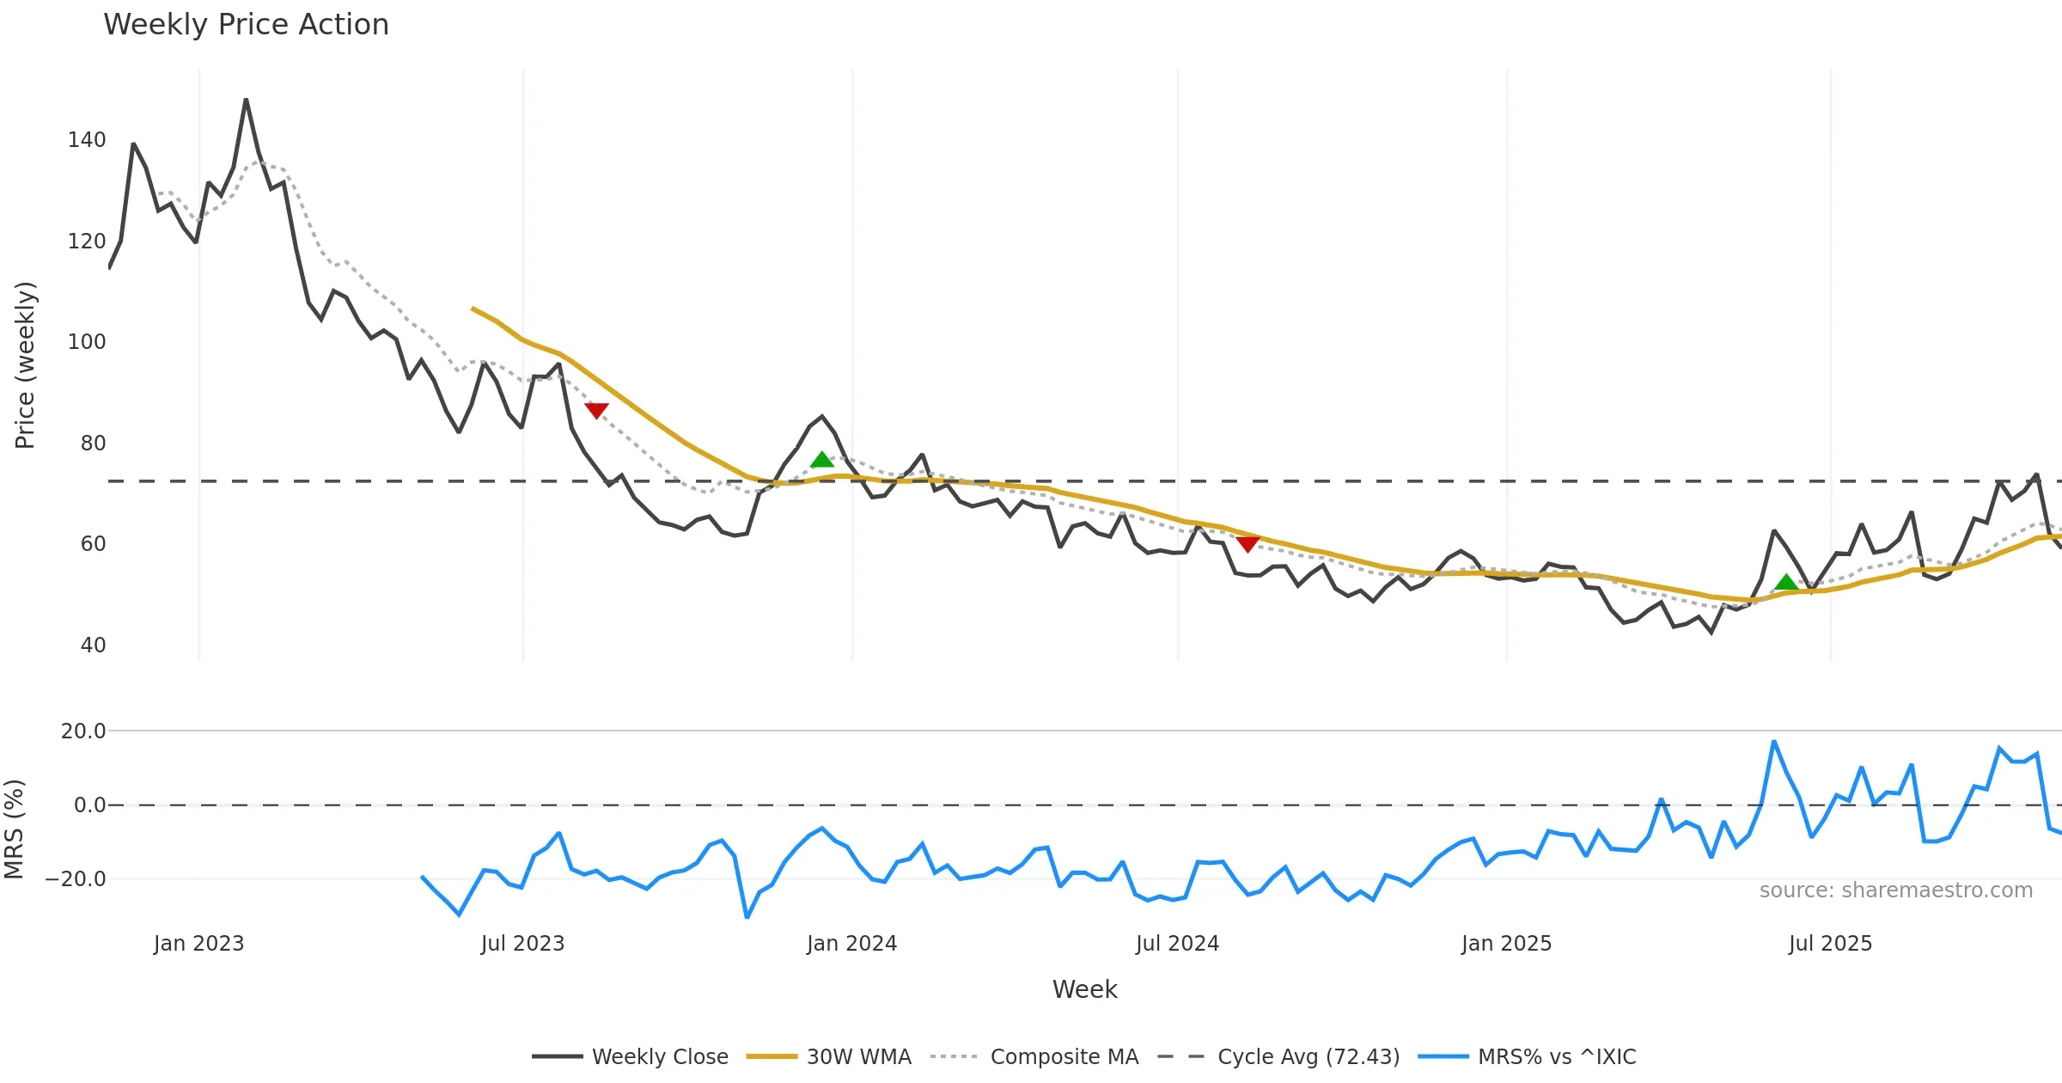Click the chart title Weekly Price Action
point(246,25)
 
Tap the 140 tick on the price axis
point(87,140)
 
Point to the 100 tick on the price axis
point(87,342)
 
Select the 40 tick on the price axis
point(93,646)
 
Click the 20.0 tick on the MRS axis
point(83,731)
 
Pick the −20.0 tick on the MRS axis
point(76,879)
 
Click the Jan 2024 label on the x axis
point(851,944)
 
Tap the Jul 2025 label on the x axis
point(1830,944)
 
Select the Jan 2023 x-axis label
point(199,944)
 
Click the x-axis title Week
point(1084,990)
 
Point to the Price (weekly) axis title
point(26,365)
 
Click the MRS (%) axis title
point(15,829)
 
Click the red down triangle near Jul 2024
point(1248,543)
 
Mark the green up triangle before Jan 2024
point(822,461)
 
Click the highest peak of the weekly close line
point(246,100)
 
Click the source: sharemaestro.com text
point(1895,890)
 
